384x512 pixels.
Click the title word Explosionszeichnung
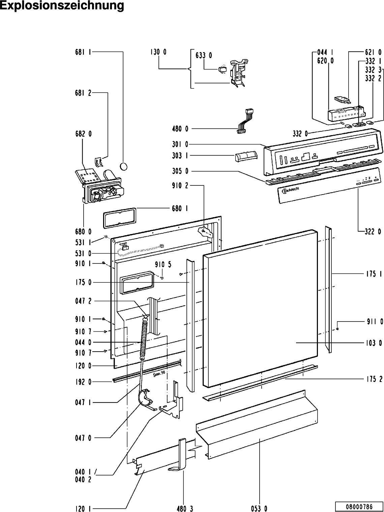pos(62,6)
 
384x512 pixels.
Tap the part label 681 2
pos(83,93)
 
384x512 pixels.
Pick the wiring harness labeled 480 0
pos(245,122)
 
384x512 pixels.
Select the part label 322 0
pos(373,231)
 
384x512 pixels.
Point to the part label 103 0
pos(374,343)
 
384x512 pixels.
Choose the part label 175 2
pos(374,379)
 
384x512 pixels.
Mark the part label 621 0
pos(373,52)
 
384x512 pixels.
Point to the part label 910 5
pos(163,264)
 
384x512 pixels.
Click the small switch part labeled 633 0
pos(222,69)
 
